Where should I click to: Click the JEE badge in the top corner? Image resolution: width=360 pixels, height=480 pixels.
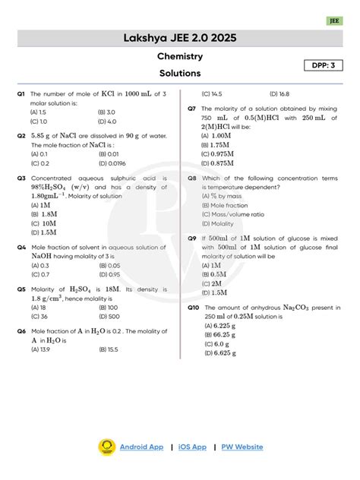pos(334,21)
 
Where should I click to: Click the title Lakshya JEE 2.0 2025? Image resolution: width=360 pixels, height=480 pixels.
pos(179,38)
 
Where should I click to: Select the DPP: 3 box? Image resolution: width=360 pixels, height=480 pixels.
pos(324,66)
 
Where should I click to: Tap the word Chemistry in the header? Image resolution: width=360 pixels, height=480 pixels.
pos(179,57)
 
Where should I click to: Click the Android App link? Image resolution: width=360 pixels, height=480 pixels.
pos(141,447)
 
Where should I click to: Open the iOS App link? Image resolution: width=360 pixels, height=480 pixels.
pos(192,447)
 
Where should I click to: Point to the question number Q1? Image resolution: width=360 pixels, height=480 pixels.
pos(21,93)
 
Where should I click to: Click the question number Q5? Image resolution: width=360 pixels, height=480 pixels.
pos(21,289)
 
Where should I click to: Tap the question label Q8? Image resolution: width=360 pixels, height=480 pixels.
pos(192,178)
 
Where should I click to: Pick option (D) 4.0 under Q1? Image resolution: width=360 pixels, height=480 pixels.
pos(107,121)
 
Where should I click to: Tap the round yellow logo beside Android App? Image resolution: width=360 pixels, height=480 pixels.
pos(106,447)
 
